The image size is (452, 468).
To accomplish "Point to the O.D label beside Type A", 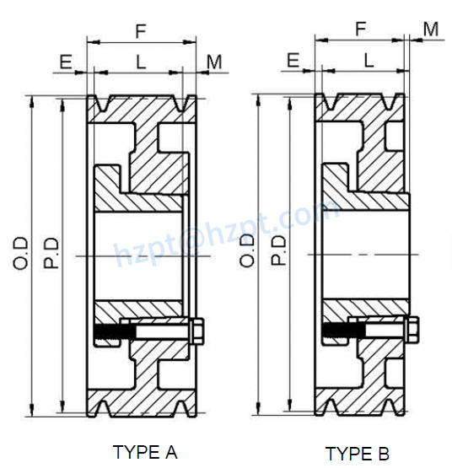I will [21, 253].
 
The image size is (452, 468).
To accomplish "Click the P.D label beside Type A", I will [51, 253].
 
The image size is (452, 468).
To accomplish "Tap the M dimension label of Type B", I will [431, 30].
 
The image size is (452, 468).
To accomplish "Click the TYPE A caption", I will [145, 452].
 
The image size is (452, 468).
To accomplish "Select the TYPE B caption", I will [358, 454].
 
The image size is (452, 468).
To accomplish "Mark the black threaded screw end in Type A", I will [109, 333].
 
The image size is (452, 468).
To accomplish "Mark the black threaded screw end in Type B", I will [336, 332].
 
